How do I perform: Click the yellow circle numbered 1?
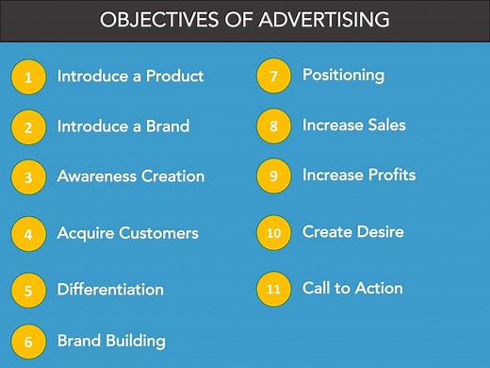click(x=28, y=78)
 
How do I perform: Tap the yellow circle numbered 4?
click(x=28, y=234)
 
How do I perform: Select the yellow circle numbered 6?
click(x=28, y=343)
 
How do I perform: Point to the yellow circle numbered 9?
click(x=273, y=176)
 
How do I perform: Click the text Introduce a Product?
click(x=130, y=76)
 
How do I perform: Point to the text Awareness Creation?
click(x=130, y=176)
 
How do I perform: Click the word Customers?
click(x=157, y=233)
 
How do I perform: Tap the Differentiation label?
click(x=110, y=290)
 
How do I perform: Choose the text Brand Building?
click(x=111, y=341)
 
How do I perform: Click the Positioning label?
click(x=343, y=75)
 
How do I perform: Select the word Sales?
click(x=386, y=125)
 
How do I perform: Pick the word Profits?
click(x=388, y=175)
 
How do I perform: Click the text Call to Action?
click(x=352, y=288)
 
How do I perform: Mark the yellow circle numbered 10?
click(x=273, y=233)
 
